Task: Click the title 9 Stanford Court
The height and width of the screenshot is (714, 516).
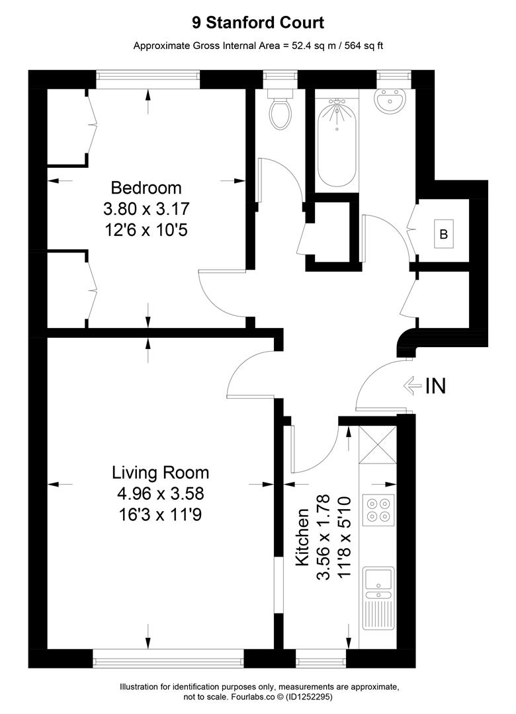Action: click(258, 22)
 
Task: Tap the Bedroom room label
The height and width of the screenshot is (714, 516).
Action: click(146, 188)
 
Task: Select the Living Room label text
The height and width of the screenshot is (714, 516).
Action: click(161, 473)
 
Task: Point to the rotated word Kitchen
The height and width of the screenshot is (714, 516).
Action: click(303, 537)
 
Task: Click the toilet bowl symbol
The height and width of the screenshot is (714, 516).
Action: click(280, 113)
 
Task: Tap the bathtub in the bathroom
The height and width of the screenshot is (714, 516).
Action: click(337, 143)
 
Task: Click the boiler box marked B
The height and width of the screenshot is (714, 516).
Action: click(443, 234)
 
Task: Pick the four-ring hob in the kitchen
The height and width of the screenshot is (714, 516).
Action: click(379, 510)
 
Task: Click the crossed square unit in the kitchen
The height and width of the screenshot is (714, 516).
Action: click(378, 445)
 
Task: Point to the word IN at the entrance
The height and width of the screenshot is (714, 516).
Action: click(435, 386)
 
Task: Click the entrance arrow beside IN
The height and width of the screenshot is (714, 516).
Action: click(413, 386)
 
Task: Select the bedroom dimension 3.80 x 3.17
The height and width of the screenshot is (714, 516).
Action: click(146, 209)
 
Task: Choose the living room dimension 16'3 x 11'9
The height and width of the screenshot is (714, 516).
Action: click(159, 514)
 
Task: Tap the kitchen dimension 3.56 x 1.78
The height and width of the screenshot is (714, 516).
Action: click(323, 537)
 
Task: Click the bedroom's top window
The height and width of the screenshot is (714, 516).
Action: click(148, 80)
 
